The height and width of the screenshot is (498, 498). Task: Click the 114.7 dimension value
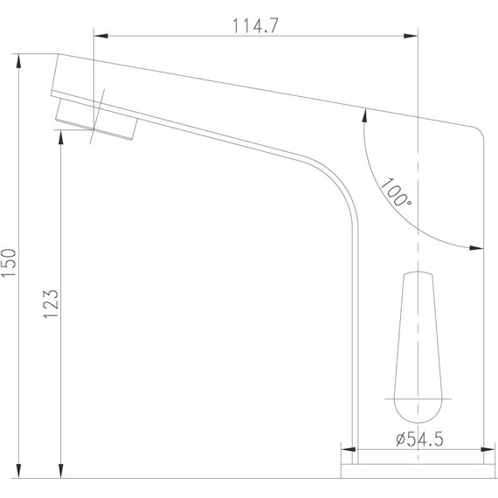tap(255, 25)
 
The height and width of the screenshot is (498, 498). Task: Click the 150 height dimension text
tap(9, 263)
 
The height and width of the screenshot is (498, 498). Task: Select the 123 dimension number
tap(51, 304)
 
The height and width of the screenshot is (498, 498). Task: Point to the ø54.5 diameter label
tap(419, 439)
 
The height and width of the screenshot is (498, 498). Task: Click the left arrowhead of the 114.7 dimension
tap(101, 36)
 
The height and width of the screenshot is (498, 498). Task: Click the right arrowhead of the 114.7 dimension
tap(411, 36)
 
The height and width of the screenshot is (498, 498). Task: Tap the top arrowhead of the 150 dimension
tap(18, 60)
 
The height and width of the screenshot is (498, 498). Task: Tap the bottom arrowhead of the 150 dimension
tap(18, 471)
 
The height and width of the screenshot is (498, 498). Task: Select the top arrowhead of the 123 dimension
tap(60, 137)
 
